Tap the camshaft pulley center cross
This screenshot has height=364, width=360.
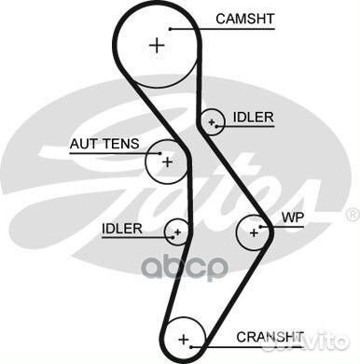pos(157,45)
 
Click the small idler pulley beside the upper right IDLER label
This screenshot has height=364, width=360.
pos(214,120)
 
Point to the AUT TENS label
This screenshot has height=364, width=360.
pos(104,144)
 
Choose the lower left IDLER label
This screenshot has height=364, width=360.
pos(122,228)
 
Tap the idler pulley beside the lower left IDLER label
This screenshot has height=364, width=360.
pos(176,231)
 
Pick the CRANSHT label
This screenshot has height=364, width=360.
pos(269,334)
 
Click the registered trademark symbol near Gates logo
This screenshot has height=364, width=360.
pos(352,214)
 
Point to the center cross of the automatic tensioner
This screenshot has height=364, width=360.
pos(168,161)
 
